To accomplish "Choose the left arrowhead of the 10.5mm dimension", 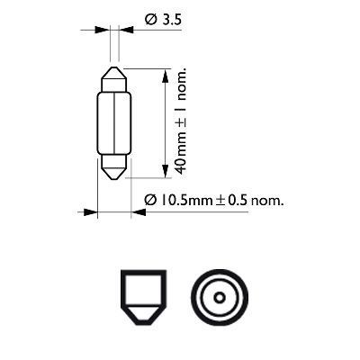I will coord(91,213).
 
